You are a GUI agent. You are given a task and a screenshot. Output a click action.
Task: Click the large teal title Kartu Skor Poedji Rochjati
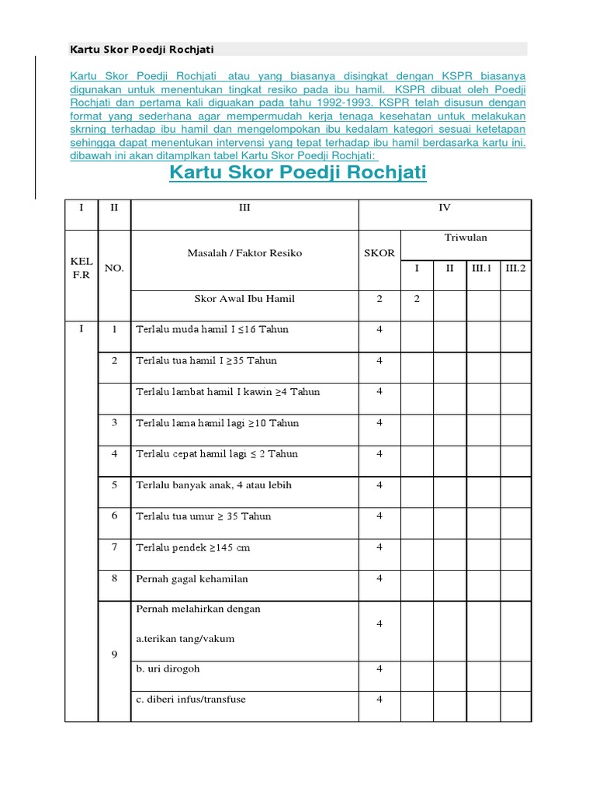[x=298, y=172]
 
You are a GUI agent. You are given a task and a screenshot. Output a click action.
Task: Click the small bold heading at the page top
[x=142, y=50]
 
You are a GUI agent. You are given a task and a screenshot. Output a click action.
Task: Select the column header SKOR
[x=379, y=253]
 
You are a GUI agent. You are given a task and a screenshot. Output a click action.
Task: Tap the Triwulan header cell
[x=466, y=238]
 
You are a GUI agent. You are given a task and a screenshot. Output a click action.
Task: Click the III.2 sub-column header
[x=515, y=268]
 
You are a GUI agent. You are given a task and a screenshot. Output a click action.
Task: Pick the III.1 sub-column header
[x=483, y=268]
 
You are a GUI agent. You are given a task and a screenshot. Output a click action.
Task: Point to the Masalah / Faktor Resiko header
[x=244, y=253]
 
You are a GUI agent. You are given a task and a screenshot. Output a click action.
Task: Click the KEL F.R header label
[x=81, y=267]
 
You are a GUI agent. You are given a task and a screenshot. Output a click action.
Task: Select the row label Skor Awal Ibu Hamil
[x=244, y=299]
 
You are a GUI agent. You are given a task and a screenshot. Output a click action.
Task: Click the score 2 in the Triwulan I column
[x=417, y=299]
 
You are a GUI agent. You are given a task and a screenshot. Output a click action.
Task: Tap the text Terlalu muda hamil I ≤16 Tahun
[x=212, y=329]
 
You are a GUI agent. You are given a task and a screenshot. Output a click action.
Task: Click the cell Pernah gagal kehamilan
[x=192, y=578]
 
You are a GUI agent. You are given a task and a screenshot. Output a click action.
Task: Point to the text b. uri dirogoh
[x=168, y=668]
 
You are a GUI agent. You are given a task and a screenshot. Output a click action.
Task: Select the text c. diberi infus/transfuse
[x=190, y=700]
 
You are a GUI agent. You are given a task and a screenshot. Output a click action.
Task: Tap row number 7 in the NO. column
[x=114, y=547]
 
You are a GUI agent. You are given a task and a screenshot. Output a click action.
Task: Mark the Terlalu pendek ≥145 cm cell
[x=192, y=547]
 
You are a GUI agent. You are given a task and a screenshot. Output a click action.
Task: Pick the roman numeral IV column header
[x=444, y=208]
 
